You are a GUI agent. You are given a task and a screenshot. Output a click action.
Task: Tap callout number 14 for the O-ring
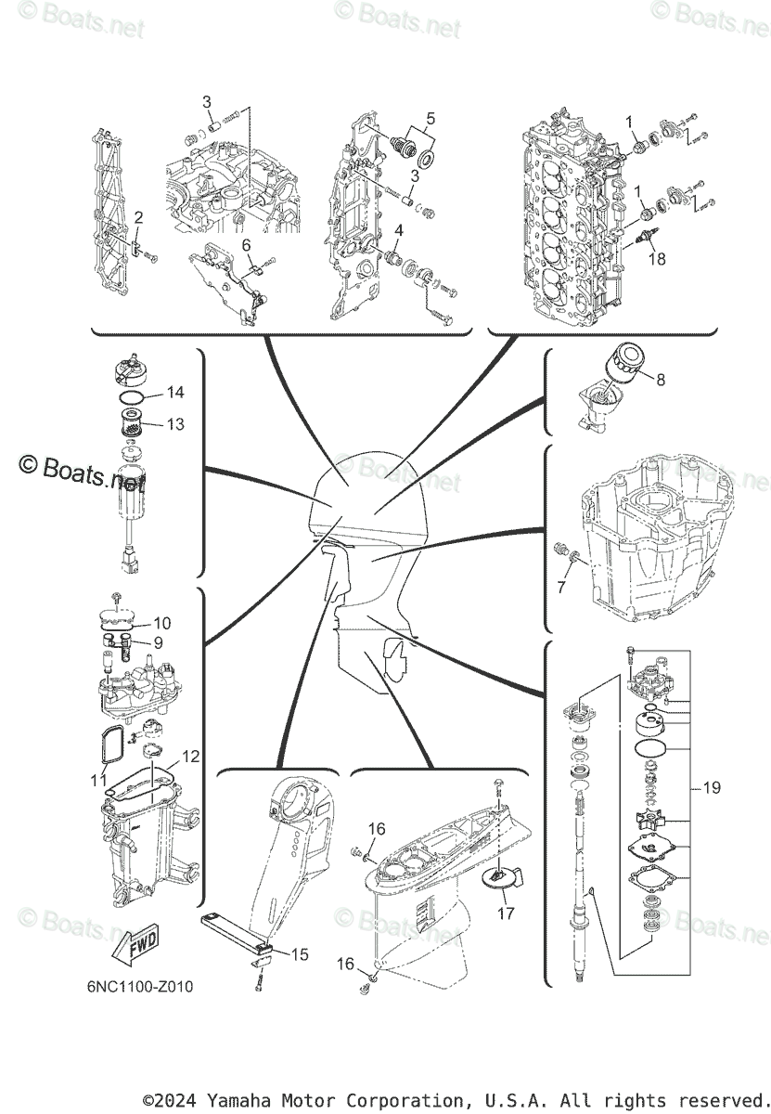175,393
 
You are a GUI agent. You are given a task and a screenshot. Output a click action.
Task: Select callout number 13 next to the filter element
175,424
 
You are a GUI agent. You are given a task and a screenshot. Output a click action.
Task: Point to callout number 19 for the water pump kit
712,789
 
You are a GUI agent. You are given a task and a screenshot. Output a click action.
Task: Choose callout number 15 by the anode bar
300,954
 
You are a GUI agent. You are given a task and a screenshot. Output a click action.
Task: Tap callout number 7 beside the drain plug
561,588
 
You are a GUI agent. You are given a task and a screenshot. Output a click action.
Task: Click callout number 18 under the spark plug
657,259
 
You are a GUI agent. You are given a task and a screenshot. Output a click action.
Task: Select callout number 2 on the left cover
137,217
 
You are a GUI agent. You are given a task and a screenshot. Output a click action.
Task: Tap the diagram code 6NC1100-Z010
136,987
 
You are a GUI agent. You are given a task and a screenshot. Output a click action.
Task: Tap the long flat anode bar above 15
235,929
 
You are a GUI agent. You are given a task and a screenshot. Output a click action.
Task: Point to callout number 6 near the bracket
247,245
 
